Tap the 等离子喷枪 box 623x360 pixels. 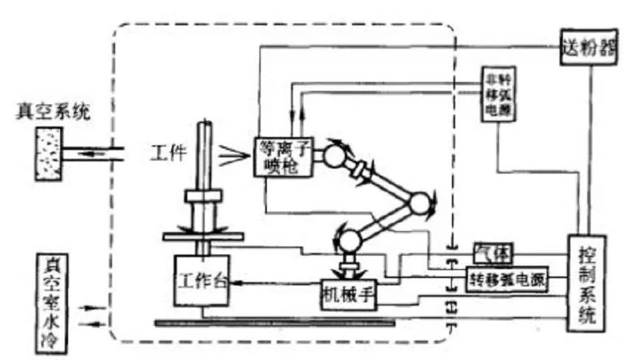tap(277, 154)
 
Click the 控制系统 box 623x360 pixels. tap(586, 281)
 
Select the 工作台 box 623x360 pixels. tap(203, 281)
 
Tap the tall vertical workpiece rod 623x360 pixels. tap(204, 154)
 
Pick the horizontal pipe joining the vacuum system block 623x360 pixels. tap(98, 152)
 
